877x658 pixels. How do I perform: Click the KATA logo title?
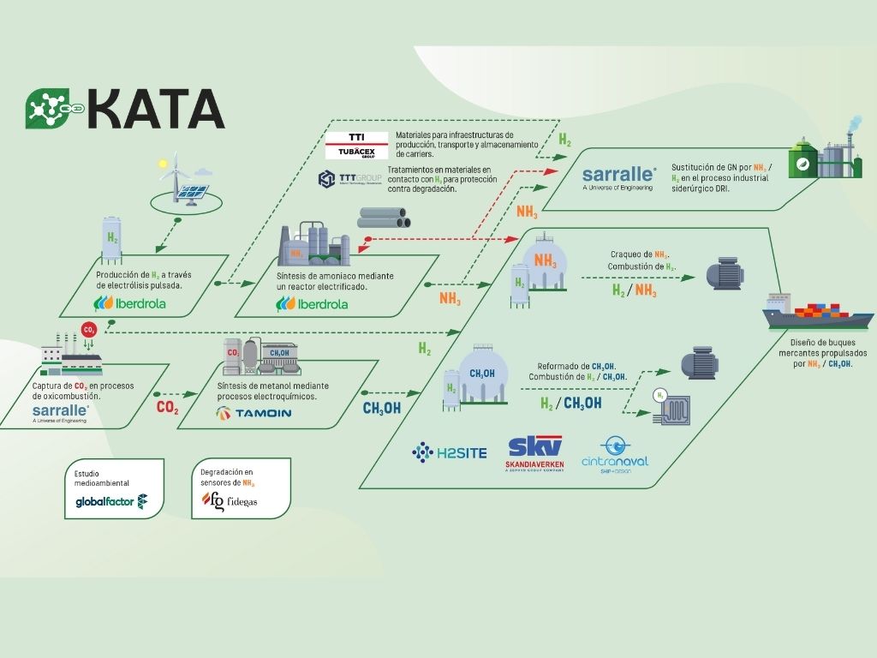pyautogui.click(x=126, y=110)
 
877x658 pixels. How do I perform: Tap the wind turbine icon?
pyautogui.click(x=176, y=176)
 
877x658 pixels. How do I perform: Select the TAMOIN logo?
pyautogui.click(x=254, y=413)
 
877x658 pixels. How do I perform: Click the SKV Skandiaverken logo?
pyautogui.click(x=535, y=452)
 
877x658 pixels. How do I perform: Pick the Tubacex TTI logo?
pyautogui.click(x=356, y=145)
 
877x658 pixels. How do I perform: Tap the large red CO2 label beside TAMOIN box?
pyautogui.click(x=167, y=407)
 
